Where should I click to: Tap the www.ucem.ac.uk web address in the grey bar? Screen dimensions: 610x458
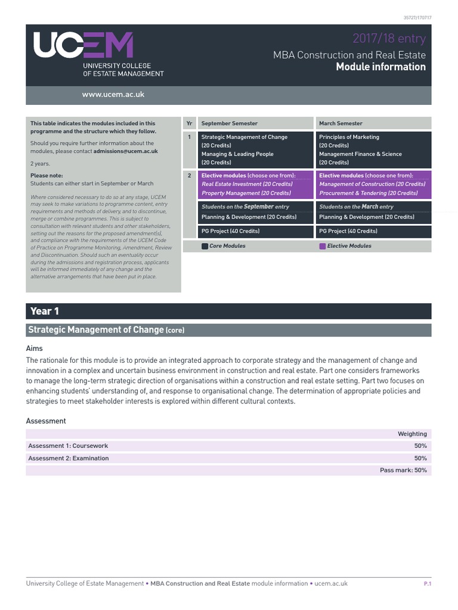coord(113,95)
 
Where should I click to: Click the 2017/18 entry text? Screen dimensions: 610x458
coord(389,39)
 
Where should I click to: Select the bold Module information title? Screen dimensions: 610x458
coord(380,67)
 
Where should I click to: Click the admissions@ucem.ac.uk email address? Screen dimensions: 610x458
coord(125,151)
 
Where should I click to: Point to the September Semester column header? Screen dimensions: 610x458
coord(230,123)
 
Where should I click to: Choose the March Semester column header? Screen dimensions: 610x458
coord(341,123)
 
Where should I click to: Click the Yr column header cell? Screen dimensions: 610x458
coord(189,123)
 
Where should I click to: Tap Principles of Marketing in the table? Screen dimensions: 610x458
coord(349,137)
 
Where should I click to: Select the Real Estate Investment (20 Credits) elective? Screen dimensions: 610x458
coord(247,185)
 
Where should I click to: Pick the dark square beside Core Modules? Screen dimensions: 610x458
coord(205,246)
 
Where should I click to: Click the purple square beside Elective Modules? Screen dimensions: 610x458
coord(323,246)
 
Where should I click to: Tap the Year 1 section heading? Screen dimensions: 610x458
coord(45,311)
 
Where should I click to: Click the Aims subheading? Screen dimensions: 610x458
coord(35,348)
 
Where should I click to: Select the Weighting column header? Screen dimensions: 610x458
coord(412,434)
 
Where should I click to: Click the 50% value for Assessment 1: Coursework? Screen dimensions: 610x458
coord(420,446)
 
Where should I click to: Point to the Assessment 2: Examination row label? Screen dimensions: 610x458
coord(69,458)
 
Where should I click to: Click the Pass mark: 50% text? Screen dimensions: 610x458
coord(403,470)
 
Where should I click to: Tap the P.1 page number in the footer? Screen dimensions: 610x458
coord(427,584)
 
